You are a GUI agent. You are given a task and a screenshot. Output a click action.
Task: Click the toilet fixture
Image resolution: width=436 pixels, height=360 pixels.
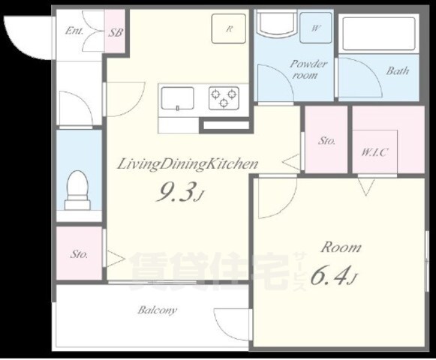[77, 190]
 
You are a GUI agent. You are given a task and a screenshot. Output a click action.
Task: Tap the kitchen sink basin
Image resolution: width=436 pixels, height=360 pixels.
[178, 99]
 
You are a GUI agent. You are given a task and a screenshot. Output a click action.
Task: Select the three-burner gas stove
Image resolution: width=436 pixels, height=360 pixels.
[224, 97]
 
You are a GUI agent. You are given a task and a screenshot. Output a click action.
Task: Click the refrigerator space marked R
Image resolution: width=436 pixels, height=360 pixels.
[229, 28]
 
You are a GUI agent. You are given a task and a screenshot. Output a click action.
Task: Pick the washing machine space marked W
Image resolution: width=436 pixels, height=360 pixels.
[316, 28]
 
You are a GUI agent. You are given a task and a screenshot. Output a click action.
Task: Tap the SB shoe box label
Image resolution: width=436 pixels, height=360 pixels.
[116, 32]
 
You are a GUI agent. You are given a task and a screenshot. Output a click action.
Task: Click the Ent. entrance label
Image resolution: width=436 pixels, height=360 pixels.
[74, 31]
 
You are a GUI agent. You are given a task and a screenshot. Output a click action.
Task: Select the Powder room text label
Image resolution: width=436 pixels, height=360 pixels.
[308, 70]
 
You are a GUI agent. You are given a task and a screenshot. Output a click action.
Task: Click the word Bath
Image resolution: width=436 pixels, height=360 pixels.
[398, 71]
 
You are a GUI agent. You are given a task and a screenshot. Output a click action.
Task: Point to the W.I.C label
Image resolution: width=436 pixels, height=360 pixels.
[374, 152]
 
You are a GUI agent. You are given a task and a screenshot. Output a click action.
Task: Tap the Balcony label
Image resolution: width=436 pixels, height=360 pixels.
[158, 310]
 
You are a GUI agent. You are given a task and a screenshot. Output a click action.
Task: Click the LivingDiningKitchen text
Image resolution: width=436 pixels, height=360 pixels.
[188, 164]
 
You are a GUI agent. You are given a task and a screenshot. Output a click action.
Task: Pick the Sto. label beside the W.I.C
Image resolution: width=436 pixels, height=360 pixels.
[326, 141]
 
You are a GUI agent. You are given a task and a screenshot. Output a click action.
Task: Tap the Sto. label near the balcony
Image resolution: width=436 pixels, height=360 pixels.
[79, 254]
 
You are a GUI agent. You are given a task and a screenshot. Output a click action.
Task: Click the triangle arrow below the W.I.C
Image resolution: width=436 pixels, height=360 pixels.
[366, 187]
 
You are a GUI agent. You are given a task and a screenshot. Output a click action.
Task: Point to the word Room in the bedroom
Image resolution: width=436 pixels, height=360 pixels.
[341, 247]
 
